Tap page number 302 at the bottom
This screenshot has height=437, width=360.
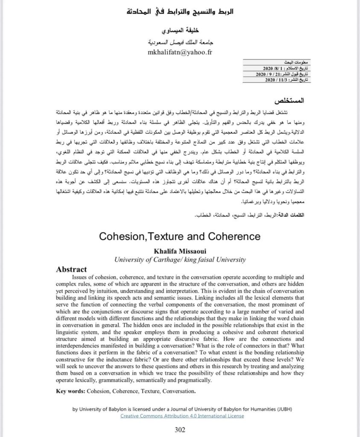(x=180, y=429)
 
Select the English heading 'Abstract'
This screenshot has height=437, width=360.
(x=71, y=269)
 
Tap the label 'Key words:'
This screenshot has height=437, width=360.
(x=71, y=391)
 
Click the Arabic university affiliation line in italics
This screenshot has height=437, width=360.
(x=180, y=43)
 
